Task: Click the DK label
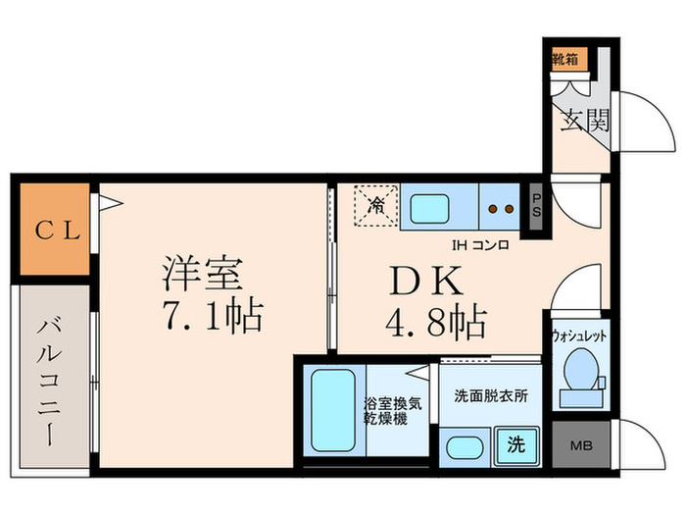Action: pos(424,283)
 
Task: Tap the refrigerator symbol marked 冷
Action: pos(376,206)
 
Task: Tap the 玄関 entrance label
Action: pos(586,120)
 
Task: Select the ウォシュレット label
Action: pos(581,335)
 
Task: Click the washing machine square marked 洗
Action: pos(514,444)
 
